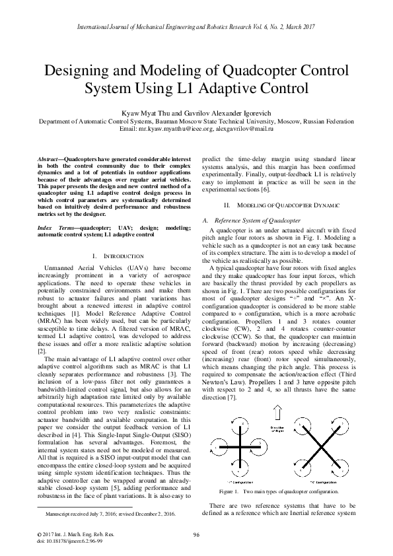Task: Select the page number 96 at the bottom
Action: tap(196, 534)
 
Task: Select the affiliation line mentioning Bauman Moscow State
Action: tap(196, 122)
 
